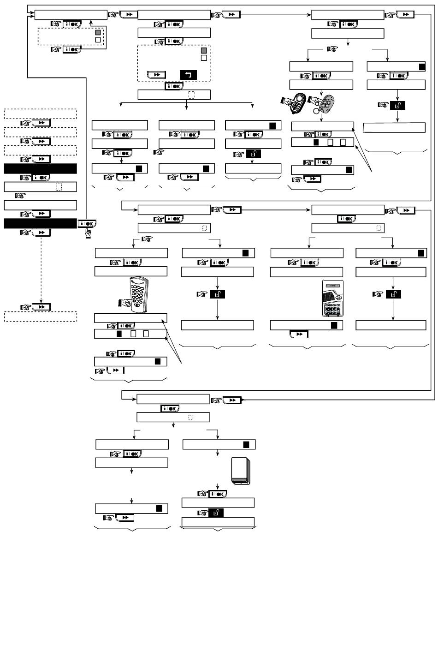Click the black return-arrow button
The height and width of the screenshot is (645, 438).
[189, 75]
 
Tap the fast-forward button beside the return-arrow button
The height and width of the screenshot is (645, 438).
[156, 75]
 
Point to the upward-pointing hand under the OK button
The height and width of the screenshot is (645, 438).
[88, 234]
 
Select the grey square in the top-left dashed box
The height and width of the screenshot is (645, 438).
[97, 33]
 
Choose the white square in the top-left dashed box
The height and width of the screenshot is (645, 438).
[97, 40]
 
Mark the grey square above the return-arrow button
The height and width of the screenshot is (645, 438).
[204, 50]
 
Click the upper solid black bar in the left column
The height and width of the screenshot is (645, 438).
[40, 168]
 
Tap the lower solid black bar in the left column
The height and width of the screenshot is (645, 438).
[40, 223]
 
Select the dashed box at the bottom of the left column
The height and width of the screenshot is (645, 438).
[40, 317]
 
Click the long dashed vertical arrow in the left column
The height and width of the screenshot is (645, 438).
[41, 268]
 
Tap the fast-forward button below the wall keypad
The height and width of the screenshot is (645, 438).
[299, 334]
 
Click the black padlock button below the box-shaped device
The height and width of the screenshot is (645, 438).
[216, 512]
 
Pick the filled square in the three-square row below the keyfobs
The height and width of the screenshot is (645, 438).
[316, 143]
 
